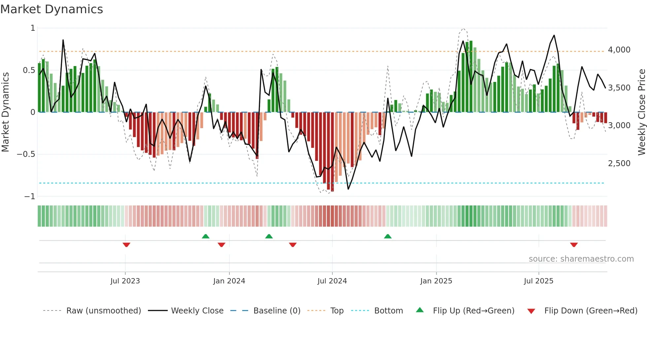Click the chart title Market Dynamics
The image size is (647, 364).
coord(51,9)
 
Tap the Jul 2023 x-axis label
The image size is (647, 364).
coord(125,281)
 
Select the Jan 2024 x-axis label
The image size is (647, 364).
coord(229,281)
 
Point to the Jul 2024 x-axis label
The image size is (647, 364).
coord(332,281)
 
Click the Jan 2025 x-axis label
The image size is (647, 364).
coord(436,281)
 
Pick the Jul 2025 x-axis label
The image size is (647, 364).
coord(538,281)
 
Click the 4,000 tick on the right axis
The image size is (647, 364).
coord(619,50)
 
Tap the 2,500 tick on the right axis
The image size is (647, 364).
coord(619,164)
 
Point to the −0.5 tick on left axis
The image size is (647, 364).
coord(26,154)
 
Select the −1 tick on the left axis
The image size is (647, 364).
coord(29,197)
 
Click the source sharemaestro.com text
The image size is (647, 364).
coord(581,259)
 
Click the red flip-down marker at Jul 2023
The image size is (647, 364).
coord(126,245)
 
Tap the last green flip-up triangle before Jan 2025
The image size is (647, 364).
coord(388,236)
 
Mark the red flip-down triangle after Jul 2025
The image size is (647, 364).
coord(574,245)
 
